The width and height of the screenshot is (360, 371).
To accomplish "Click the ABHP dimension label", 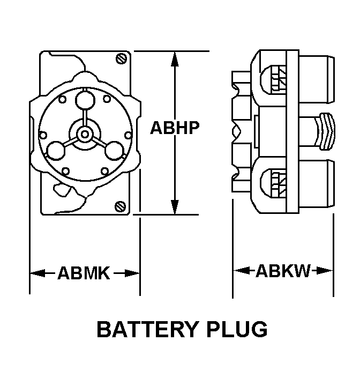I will click(175, 128).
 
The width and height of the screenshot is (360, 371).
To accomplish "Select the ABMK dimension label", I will click(84, 273).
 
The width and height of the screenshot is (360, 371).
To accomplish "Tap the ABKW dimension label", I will click(283, 271).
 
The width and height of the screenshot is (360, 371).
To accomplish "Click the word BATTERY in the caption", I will click(149, 329).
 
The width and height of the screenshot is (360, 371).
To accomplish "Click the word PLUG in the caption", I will click(238, 329).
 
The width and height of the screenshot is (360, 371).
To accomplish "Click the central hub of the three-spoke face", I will click(84, 133).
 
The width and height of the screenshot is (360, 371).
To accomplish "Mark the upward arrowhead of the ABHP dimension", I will click(174, 58).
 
